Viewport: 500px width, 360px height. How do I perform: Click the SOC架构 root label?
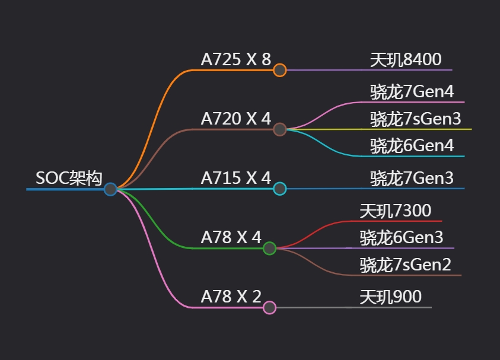(x=69, y=178)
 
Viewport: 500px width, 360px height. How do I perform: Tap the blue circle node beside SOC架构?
(x=110, y=189)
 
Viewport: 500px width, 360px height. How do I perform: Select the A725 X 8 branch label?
(x=235, y=59)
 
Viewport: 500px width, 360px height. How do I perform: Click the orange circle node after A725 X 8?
(x=280, y=70)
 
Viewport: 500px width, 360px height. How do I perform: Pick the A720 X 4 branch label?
(x=235, y=119)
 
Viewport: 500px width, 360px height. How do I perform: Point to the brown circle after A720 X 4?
(x=280, y=129)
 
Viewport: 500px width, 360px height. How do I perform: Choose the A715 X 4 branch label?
(x=235, y=178)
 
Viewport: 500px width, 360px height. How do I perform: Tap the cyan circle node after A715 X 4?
(x=280, y=189)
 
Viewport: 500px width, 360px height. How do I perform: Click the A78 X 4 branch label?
(x=231, y=237)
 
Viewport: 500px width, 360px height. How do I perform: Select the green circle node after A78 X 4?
(x=270, y=249)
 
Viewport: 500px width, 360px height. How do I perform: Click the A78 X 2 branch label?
(x=231, y=297)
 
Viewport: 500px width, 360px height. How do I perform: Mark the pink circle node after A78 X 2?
(x=270, y=307)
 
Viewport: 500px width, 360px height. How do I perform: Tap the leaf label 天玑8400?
(x=406, y=59)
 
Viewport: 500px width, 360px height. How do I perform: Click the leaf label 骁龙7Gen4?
(x=412, y=92)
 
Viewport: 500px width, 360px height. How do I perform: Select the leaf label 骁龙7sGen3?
(x=415, y=119)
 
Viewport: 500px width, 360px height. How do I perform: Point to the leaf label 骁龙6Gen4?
(x=412, y=146)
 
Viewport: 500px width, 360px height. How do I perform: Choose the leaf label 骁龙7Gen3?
(x=412, y=178)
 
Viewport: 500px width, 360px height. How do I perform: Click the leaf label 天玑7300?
(x=395, y=211)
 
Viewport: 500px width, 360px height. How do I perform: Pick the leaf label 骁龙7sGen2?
(x=405, y=265)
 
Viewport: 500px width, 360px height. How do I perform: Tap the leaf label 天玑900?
(x=390, y=297)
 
